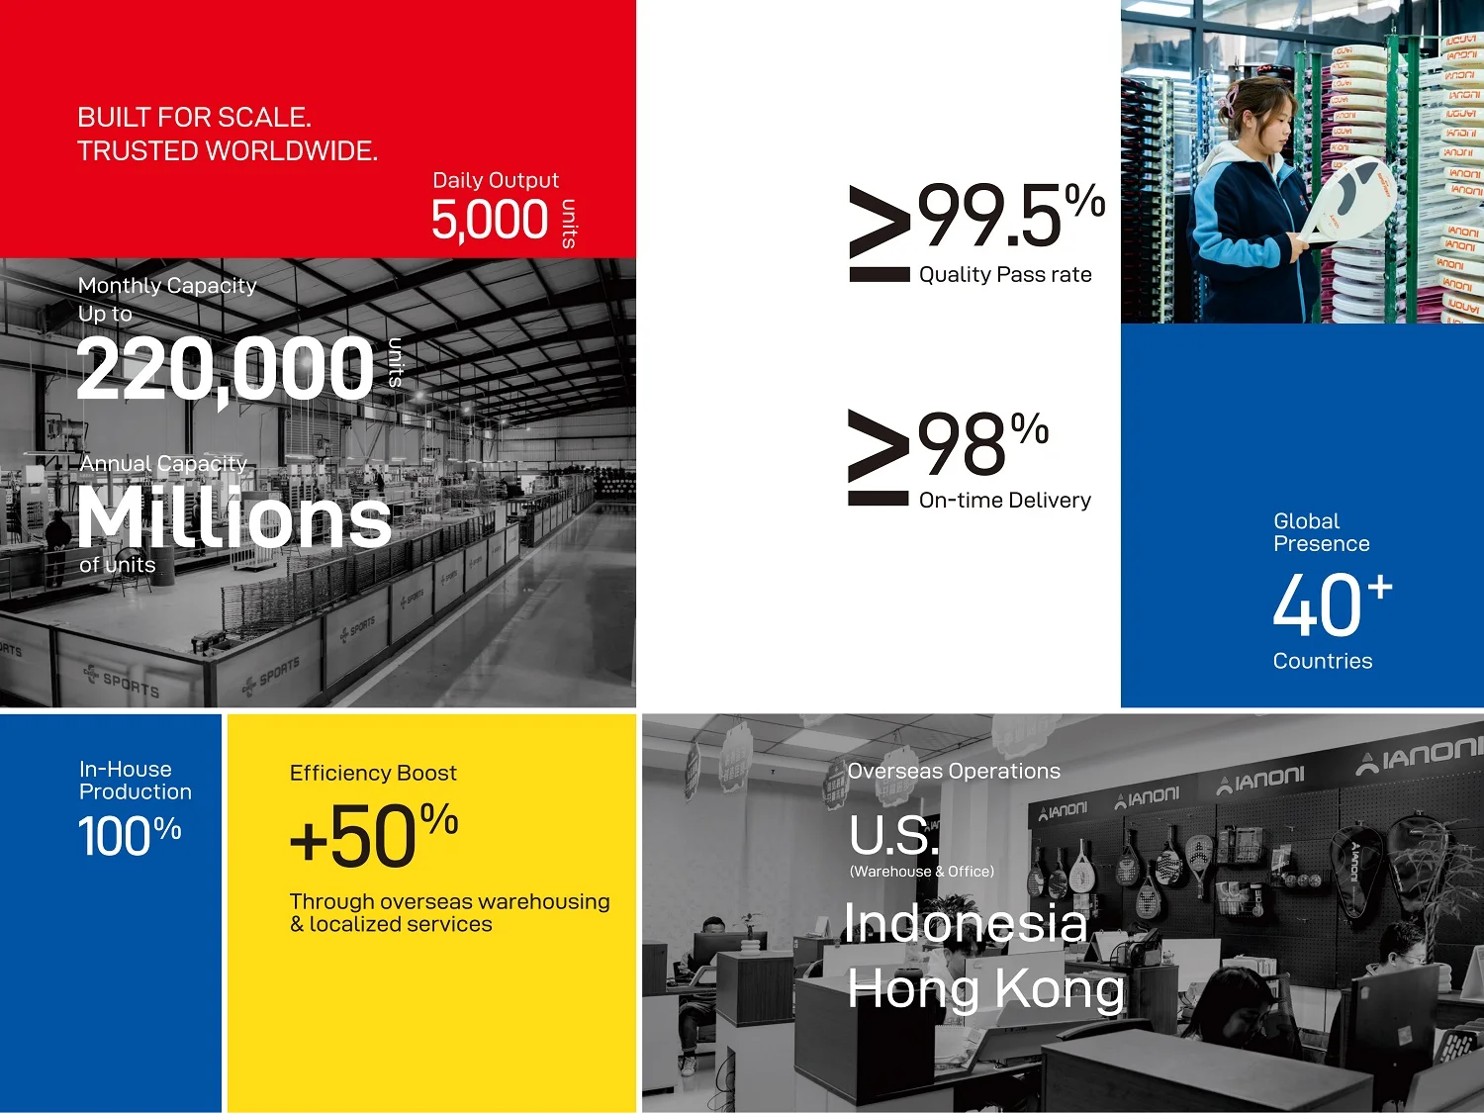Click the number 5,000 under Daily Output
(x=490, y=221)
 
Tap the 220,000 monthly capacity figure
(x=226, y=370)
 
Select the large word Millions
(x=234, y=516)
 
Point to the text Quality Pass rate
(x=1005, y=274)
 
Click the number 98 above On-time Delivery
(x=962, y=444)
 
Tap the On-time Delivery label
(x=1004, y=500)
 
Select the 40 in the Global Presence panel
(x=1317, y=604)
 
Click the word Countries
(x=1323, y=661)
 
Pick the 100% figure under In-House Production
(x=130, y=836)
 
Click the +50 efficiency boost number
(x=352, y=837)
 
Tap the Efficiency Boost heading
(x=373, y=773)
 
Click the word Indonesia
(x=967, y=923)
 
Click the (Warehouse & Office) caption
(x=922, y=872)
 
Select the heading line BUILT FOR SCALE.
(x=195, y=118)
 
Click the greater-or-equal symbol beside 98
(x=879, y=457)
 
